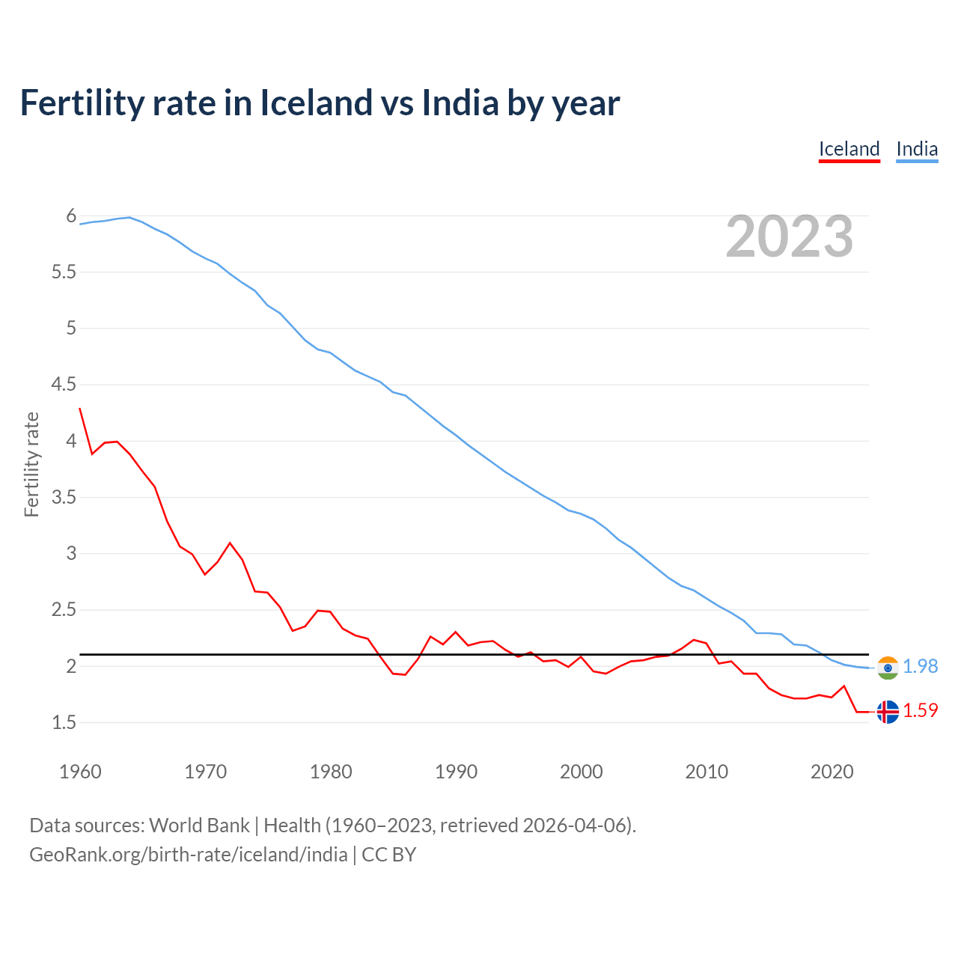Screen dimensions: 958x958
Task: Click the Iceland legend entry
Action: click(x=849, y=149)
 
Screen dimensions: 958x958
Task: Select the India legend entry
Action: click(x=917, y=149)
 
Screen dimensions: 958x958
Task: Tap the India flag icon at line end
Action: click(x=888, y=668)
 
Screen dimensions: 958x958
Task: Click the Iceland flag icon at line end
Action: click(x=888, y=712)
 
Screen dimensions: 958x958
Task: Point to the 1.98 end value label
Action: click(x=921, y=666)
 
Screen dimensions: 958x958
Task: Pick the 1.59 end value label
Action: click(x=921, y=710)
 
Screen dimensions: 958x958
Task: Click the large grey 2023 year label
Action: click(x=790, y=237)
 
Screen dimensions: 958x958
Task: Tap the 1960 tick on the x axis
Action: click(x=80, y=772)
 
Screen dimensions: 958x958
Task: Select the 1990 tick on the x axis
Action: click(x=456, y=772)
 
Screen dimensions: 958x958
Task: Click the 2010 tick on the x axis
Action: click(x=707, y=772)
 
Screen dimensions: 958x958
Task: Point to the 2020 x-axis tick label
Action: click(x=832, y=772)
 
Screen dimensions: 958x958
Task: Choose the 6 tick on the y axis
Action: click(x=71, y=216)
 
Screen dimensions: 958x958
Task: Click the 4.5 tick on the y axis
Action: click(x=64, y=385)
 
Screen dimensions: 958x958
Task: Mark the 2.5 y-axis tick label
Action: click(x=64, y=610)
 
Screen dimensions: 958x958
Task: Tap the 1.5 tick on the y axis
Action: click(x=64, y=723)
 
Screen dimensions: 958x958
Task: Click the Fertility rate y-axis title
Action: click(x=31, y=464)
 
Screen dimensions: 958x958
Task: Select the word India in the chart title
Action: click(x=460, y=103)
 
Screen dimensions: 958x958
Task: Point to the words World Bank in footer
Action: click(x=199, y=826)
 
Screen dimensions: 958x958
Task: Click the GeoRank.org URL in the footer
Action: click(x=189, y=855)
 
